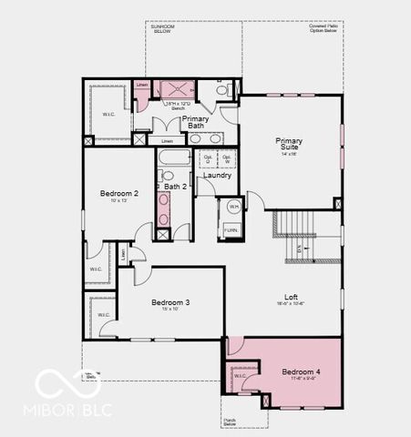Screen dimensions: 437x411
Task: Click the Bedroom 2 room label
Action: [x=119, y=194]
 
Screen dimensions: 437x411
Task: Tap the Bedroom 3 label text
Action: [x=170, y=302]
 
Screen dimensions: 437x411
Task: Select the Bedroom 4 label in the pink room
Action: [x=301, y=371]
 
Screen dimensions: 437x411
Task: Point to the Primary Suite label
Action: [x=290, y=145]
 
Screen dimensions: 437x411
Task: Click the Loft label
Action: [x=291, y=297]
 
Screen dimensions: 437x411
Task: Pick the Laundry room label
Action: [x=218, y=175]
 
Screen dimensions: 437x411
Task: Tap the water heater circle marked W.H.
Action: [x=232, y=207]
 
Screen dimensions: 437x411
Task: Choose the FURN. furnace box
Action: [x=232, y=231]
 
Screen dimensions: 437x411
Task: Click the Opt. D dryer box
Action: [x=208, y=159]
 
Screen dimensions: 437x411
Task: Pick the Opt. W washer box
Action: [x=227, y=159]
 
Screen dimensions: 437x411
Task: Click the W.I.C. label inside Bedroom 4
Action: [x=240, y=375]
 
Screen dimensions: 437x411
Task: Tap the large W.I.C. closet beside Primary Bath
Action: [x=108, y=113]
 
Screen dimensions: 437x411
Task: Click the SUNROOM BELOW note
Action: [x=163, y=29]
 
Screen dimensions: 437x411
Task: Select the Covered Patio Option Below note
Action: [x=324, y=29]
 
